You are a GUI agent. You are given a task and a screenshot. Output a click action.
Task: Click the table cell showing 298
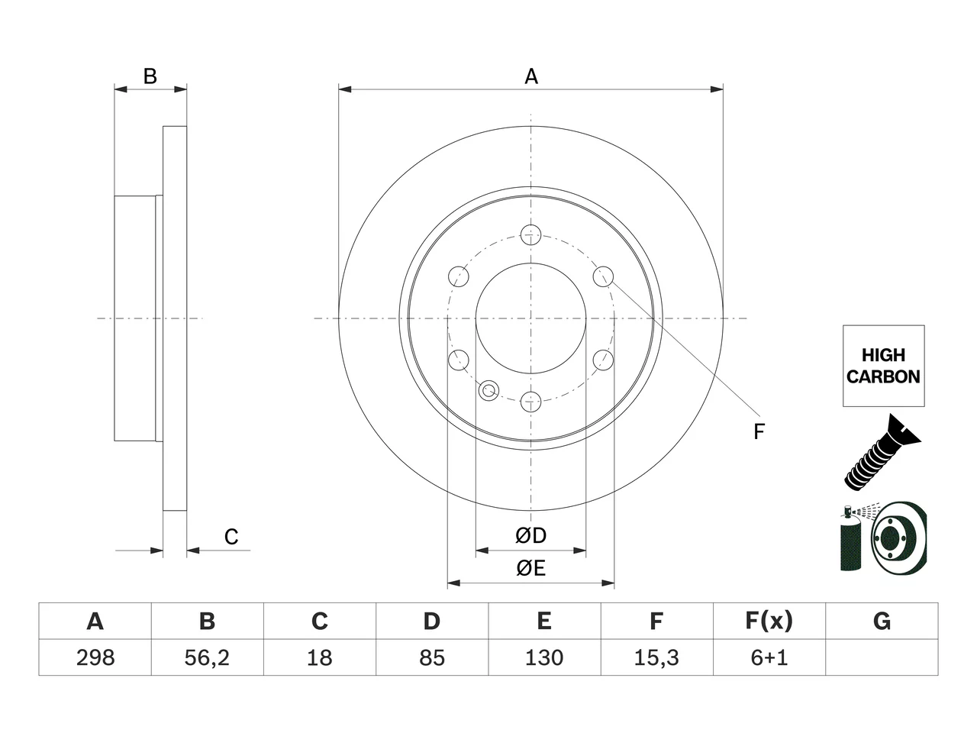[95, 657]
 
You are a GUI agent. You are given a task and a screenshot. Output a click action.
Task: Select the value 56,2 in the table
[208, 657]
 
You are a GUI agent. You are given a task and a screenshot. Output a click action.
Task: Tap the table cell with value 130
[544, 657]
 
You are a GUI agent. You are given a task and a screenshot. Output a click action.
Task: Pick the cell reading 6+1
[769, 657]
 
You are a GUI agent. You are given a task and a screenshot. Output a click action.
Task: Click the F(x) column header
[769, 622]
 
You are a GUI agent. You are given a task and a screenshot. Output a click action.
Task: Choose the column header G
[882, 622]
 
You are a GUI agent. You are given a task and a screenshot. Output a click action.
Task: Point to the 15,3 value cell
[657, 657]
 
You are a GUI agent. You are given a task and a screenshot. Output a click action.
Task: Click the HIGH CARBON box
[884, 366]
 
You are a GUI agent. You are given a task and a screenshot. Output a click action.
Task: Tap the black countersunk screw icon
[882, 453]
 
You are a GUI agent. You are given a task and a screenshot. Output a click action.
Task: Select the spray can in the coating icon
[850, 538]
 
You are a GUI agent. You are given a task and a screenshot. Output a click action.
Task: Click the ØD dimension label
[530, 536]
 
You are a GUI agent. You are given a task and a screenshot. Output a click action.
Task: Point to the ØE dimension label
[530, 568]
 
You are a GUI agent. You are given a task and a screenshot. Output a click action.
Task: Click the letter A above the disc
[531, 76]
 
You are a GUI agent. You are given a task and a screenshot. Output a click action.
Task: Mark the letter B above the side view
[150, 76]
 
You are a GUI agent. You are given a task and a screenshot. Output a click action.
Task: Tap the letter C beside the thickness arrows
[231, 537]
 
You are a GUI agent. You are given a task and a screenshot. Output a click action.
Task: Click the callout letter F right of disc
[759, 431]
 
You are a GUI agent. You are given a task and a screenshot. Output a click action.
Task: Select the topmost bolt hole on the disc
[530, 235]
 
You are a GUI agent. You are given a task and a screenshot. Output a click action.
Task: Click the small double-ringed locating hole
[488, 391]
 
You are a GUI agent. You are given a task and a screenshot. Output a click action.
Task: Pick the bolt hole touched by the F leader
[603, 276]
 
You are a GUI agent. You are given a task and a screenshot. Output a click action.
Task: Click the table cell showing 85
[432, 657]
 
